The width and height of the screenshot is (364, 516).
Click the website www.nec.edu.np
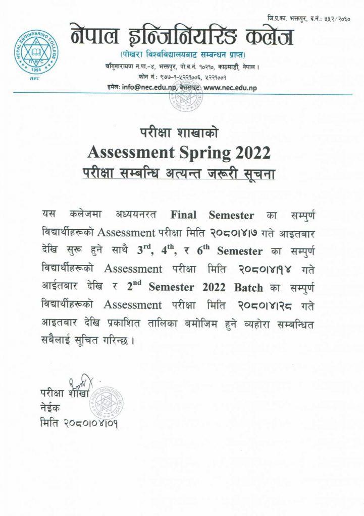tap(230, 88)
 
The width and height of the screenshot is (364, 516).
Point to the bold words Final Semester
tap(213, 216)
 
